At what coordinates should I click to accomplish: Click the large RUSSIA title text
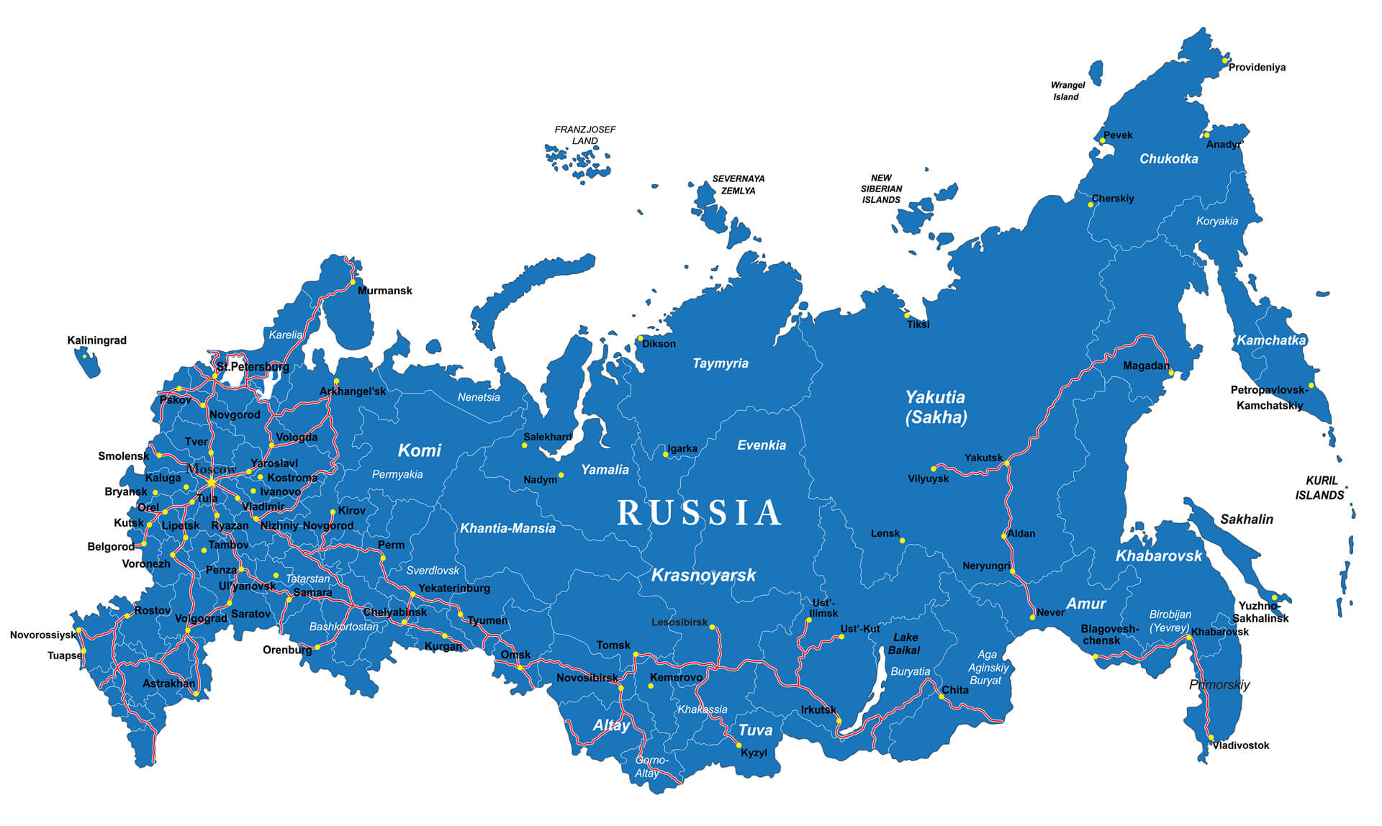699,513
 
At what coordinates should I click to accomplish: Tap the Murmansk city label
385,291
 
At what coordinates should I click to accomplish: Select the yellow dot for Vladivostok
1211,737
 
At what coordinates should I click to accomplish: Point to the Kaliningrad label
96,340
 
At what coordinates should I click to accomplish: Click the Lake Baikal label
905,643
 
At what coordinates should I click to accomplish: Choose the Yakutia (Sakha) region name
935,407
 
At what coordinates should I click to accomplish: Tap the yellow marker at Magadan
1171,373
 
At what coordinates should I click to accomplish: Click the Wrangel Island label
1067,91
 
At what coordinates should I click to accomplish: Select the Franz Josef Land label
584,135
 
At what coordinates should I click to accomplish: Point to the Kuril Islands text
1320,488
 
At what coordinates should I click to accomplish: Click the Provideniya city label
1257,68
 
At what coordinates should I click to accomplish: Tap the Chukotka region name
1168,159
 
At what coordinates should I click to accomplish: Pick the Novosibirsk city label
587,678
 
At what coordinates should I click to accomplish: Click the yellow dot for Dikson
640,338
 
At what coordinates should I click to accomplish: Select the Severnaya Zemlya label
739,185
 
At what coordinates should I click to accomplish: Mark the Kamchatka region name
1270,340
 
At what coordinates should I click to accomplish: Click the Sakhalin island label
1246,519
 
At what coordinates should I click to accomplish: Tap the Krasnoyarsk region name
703,575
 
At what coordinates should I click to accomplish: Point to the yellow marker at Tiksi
907,315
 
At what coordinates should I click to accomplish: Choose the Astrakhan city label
168,684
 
